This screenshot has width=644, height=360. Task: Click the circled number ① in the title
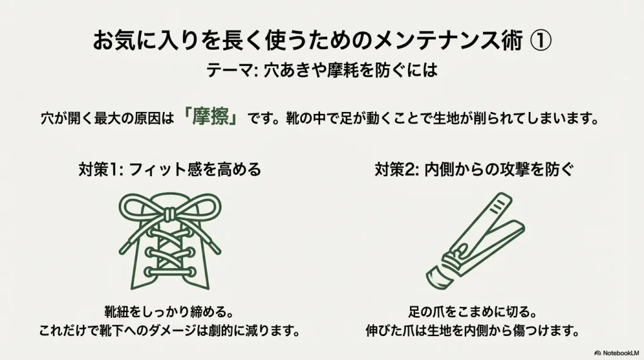tap(540, 42)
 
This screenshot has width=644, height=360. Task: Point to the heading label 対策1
tap(96, 169)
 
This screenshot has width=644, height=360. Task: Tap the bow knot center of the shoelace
tap(168, 213)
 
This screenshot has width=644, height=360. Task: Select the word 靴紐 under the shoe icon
tap(117, 312)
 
